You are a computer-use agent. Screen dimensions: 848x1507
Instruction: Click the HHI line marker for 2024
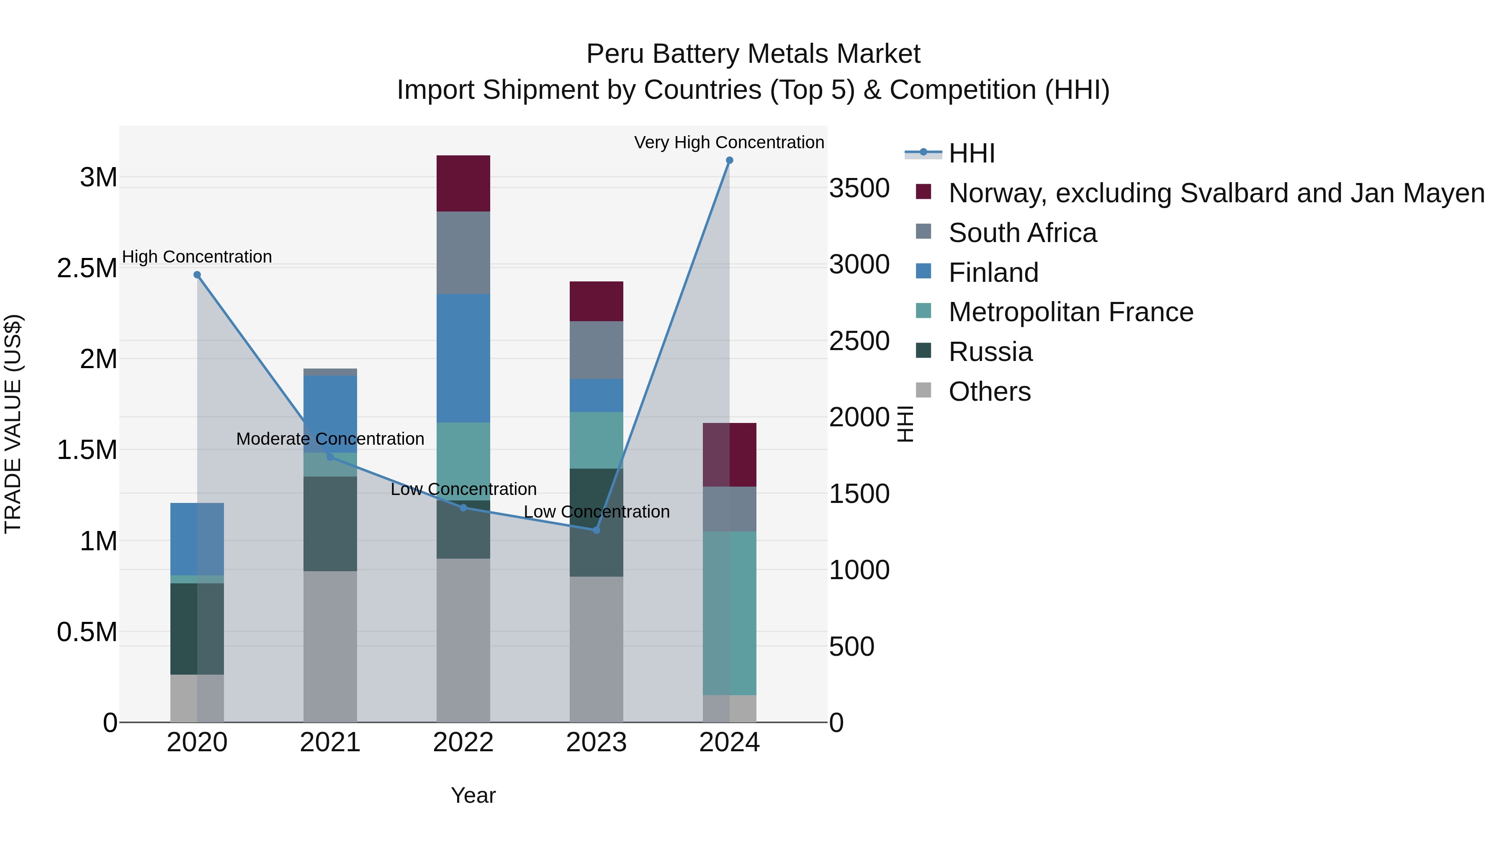[x=729, y=160]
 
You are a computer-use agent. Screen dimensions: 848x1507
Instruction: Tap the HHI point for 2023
[x=596, y=530]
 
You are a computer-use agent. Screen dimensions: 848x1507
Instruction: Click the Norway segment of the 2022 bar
[x=463, y=183]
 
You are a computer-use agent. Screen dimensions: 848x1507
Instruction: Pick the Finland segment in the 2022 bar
[x=463, y=358]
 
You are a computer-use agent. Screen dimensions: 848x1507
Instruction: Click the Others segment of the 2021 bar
[x=330, y=646]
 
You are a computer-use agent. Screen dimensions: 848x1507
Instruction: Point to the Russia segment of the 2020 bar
[x=197, y=629]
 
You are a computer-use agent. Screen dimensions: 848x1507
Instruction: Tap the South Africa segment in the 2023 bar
[x=596, y=350]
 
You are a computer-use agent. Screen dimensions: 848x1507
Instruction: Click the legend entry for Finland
[x=993, y=273]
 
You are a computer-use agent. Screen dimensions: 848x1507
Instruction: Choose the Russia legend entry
[x=990, y=352]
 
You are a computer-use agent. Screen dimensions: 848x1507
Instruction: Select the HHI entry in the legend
[x=971, y=153]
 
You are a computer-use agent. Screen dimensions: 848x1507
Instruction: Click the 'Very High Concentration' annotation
[x=729, y=142]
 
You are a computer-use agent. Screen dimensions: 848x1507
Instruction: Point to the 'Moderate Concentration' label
[x=330, y=439]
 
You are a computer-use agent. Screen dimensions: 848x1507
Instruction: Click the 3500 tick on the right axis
[x=859, y=188]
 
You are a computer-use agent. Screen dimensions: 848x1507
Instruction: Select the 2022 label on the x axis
[x=463, y=742]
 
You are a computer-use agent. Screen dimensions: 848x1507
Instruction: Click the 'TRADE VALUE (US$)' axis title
[x=13, y=424]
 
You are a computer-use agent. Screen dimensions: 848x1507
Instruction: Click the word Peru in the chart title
[x=615, y=54]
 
